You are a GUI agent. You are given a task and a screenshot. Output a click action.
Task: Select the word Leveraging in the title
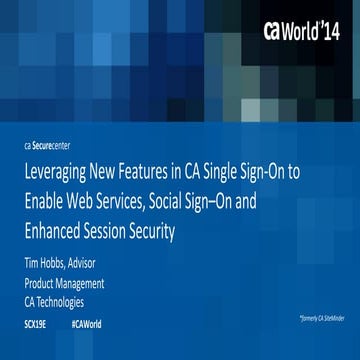tap(58, 171)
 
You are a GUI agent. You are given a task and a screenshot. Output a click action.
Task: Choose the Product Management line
tap(65, 283)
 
